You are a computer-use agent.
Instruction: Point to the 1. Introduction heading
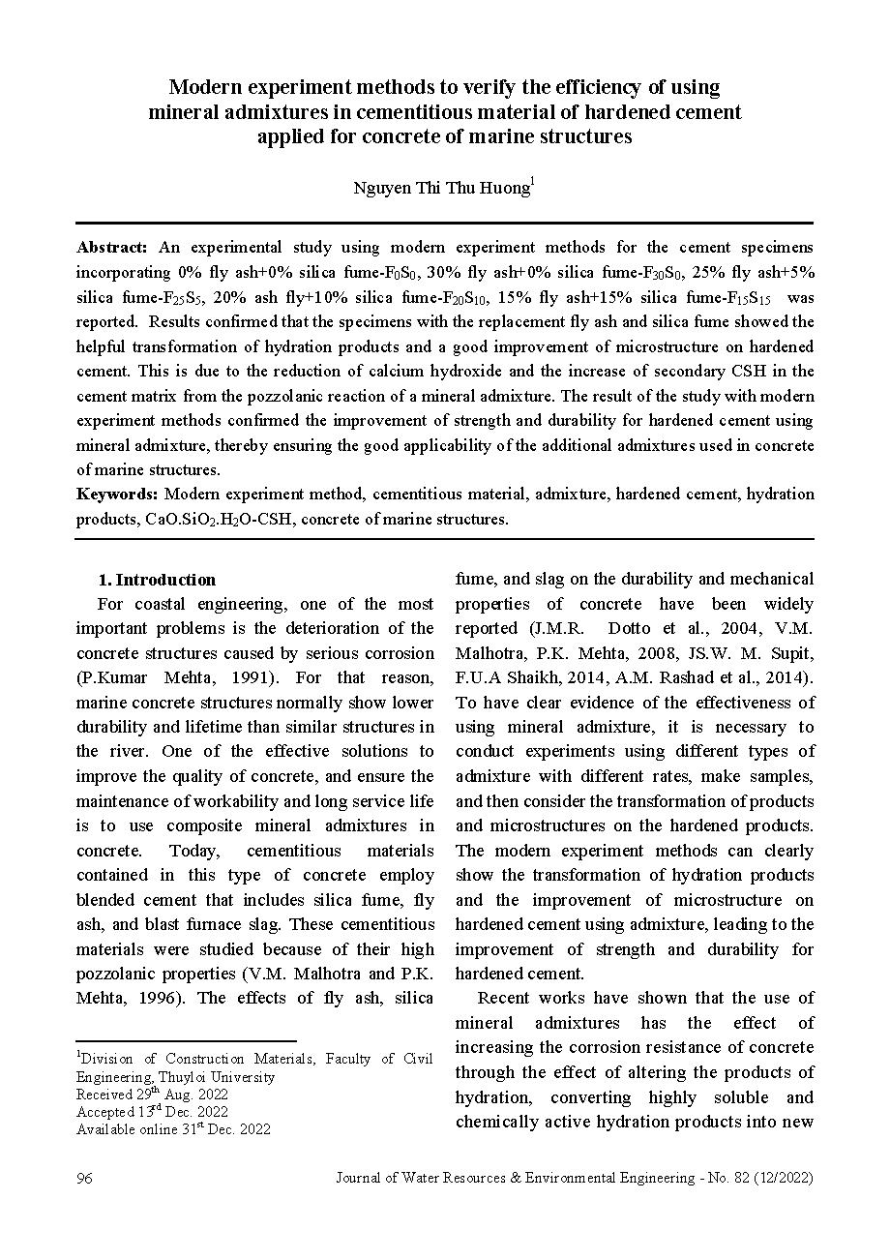tap(157, 580)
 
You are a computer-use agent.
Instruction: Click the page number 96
tap(84, 1178)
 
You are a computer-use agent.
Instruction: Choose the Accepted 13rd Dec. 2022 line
tap(152, 1111)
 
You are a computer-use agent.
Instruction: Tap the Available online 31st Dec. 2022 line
tap(173, 1128)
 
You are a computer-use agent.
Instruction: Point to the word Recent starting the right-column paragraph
tap(504, 998)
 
